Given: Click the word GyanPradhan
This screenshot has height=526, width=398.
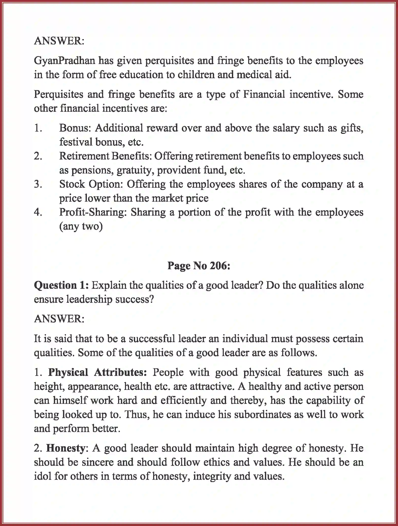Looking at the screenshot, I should (65, 61).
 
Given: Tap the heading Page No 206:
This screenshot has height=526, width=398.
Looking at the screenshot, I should (199, 266).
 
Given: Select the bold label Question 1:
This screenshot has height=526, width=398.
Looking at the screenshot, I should (61, 285).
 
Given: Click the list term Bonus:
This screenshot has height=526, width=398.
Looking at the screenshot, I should (75, 128).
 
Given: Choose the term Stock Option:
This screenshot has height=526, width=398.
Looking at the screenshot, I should (91, 184).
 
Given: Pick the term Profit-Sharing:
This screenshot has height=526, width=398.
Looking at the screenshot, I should (93, 212).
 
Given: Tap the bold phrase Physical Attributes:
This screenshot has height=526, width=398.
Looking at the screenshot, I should (97, 372).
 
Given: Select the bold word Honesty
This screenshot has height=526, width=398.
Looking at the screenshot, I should (65, 448).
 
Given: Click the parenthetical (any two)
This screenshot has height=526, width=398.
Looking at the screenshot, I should (81, 226).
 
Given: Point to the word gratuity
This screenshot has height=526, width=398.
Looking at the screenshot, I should (135, 170).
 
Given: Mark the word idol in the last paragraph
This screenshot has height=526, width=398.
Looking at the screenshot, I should (42, 476).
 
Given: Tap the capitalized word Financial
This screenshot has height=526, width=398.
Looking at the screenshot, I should (264, 94).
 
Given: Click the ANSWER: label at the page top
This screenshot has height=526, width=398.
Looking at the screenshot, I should (59, 41).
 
